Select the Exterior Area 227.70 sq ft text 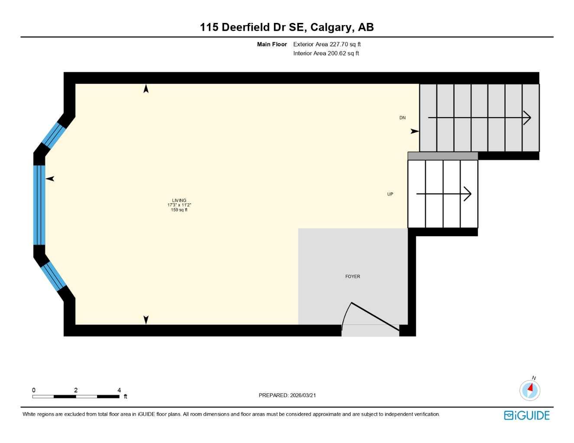327,44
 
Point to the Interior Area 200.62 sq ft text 326,53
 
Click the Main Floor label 272,44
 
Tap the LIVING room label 179,200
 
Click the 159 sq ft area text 179,210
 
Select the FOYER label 353,276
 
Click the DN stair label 402,118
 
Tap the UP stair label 390,194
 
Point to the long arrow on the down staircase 479,118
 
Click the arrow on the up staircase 444,194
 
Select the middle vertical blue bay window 39,205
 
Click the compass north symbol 530,390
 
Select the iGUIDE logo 526,415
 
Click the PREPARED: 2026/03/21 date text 287,395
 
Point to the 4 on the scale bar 119,390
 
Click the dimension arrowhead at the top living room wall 146,89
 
